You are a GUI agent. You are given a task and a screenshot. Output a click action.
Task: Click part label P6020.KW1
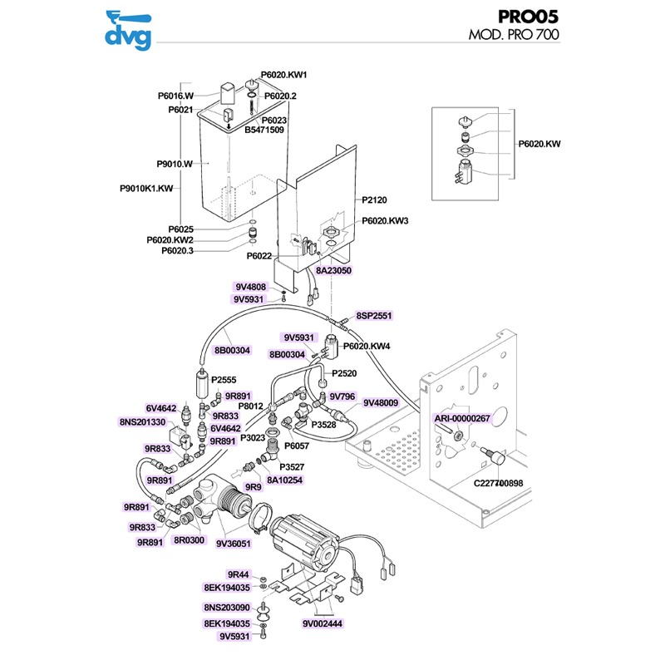tap(284, 75)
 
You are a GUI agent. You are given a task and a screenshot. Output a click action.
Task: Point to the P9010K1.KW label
tap(145, 189)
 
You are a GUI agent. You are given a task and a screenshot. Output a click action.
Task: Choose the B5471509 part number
tap(264, 130)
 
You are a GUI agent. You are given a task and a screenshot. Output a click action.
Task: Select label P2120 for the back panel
tap(376, 200)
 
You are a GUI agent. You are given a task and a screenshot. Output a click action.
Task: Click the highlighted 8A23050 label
tap(334, 271)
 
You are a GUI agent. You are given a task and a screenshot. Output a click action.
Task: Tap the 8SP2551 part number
tap(374, 316)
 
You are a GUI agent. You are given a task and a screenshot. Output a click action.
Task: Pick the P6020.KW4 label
tap(367, 346)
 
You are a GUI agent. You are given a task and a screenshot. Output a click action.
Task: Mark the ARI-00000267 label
tap(463, 418)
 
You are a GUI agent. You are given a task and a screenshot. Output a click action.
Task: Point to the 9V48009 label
tap(381, 403)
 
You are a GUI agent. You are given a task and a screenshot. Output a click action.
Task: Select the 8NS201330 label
tap(142, 422)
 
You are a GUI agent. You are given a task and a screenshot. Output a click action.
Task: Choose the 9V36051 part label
tap(234, 543)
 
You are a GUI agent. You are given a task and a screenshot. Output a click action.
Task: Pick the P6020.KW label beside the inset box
tap(540, 144)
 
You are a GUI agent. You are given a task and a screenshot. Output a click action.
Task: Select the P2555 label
tap(224, 380)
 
